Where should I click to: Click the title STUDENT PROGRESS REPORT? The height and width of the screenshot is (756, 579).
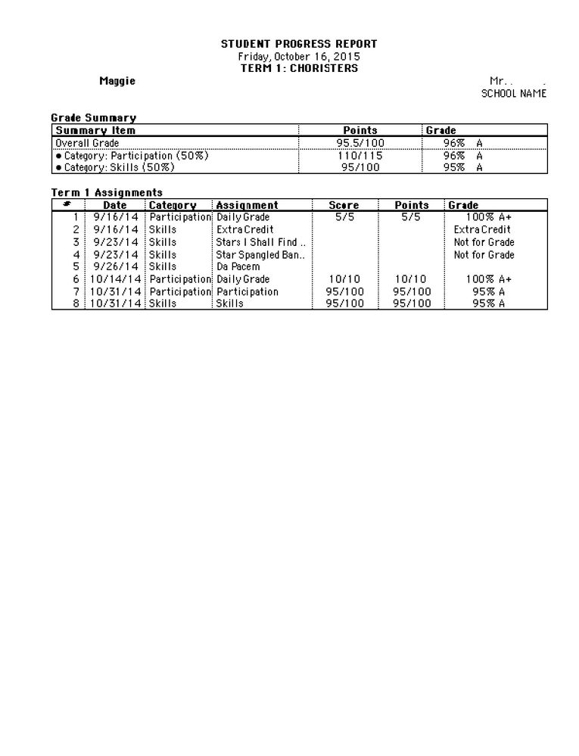coord(299,44)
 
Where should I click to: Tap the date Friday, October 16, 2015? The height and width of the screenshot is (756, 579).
coord(299,56)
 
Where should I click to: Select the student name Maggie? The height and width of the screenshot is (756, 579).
coord(117,81)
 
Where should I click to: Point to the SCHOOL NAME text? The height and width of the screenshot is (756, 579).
coord(514,94)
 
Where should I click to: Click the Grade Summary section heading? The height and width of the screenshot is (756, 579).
coord(93,117)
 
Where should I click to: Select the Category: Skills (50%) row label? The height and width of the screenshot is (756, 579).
coord(120,167)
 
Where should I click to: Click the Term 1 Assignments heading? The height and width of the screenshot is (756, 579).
coord(107,192)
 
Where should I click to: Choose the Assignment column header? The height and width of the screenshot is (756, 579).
coord(247,205)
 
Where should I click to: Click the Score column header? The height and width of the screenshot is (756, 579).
coord(344,205)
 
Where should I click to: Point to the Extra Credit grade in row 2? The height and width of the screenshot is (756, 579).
coord(482,229)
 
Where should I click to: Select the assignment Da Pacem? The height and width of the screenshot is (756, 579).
coord(238,266)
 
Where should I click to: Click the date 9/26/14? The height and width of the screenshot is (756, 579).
coord(116,266)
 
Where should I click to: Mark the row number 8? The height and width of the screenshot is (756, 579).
coord(76,303)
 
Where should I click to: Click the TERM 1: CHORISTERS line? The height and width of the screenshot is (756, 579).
coord(299,68)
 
